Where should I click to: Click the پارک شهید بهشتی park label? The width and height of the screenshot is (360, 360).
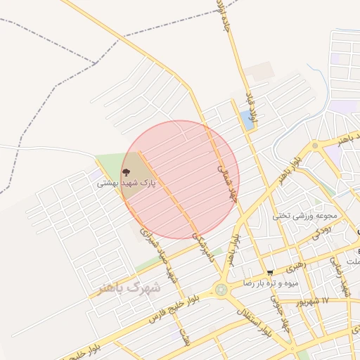126,183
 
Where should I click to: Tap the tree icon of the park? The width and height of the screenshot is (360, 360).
126,171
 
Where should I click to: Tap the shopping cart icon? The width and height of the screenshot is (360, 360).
270,272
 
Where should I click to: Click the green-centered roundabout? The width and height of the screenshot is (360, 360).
222,290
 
